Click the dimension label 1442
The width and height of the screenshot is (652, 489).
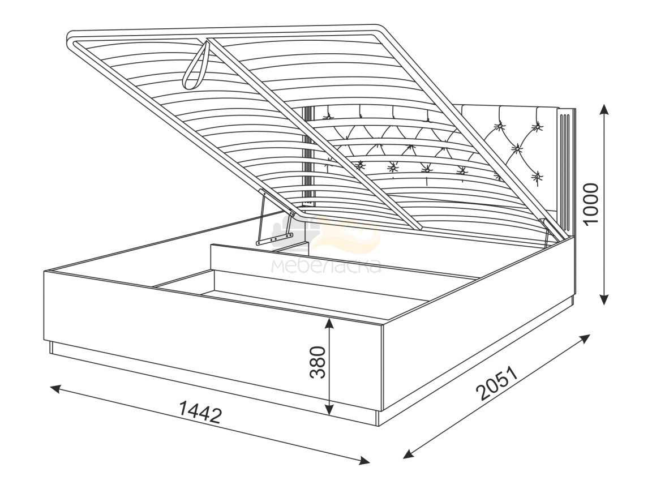[199, 411]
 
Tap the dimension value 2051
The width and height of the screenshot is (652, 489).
[497, 383]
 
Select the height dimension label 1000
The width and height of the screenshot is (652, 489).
[591, 203]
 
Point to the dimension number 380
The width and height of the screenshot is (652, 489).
[318, 362]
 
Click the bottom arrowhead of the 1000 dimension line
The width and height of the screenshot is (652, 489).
[604, 299]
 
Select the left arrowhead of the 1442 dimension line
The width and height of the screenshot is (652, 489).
[56, 389]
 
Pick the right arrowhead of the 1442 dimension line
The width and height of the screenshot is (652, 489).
[364, 460]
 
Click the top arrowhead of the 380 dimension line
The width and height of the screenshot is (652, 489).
[329, 324]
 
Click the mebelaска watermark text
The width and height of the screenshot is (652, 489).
[325, 266]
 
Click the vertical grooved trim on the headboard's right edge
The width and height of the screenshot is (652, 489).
[567, 170]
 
